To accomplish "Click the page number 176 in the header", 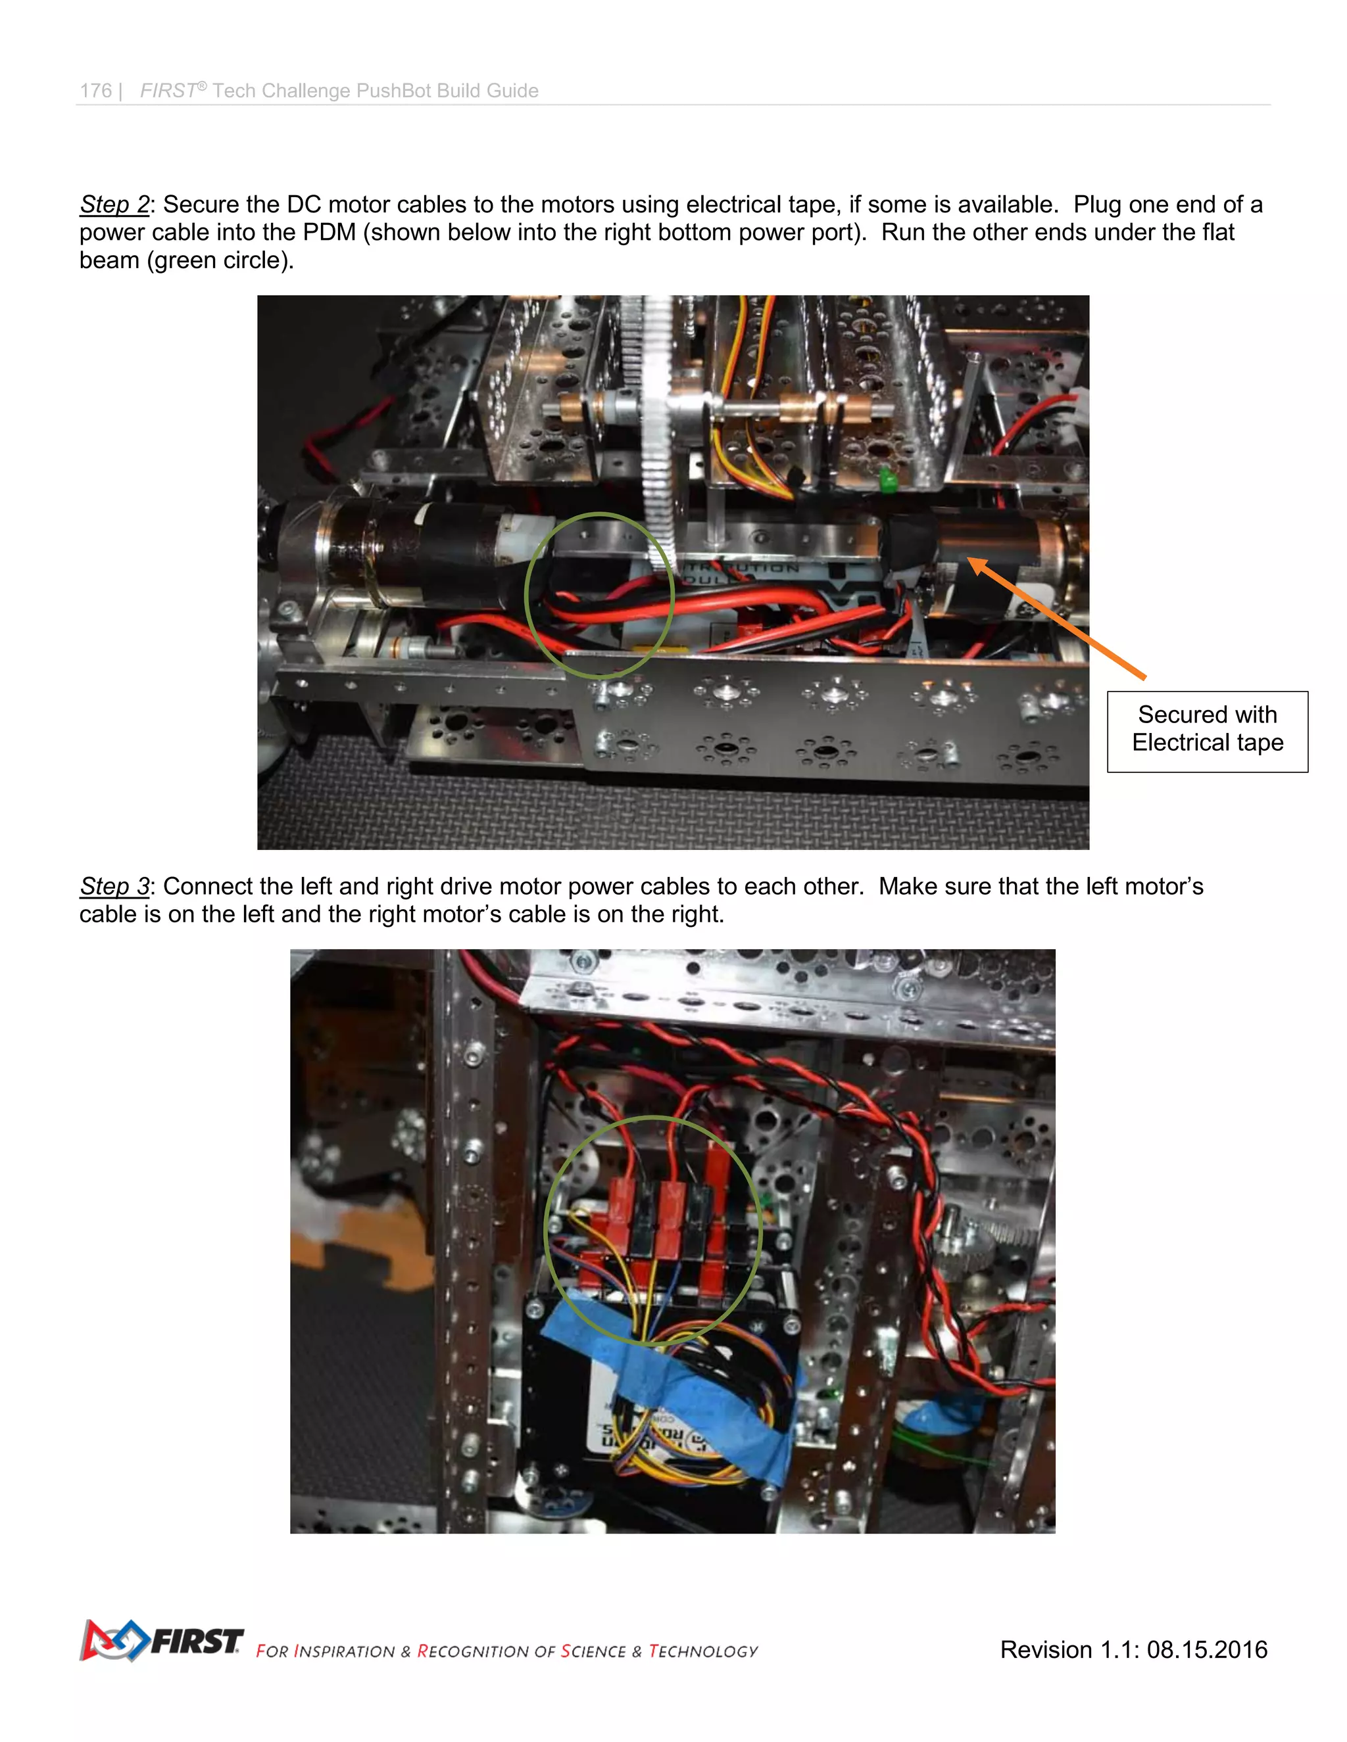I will tap(96, 91).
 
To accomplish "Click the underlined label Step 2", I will tap(114, 205).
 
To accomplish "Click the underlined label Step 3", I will tap(114, 886).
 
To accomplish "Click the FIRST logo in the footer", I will tap(162, 1641).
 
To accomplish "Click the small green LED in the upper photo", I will tap(886, 479).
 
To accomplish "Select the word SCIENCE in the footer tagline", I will tap(593, 1651).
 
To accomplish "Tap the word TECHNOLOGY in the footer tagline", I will tap(702, 1651).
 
